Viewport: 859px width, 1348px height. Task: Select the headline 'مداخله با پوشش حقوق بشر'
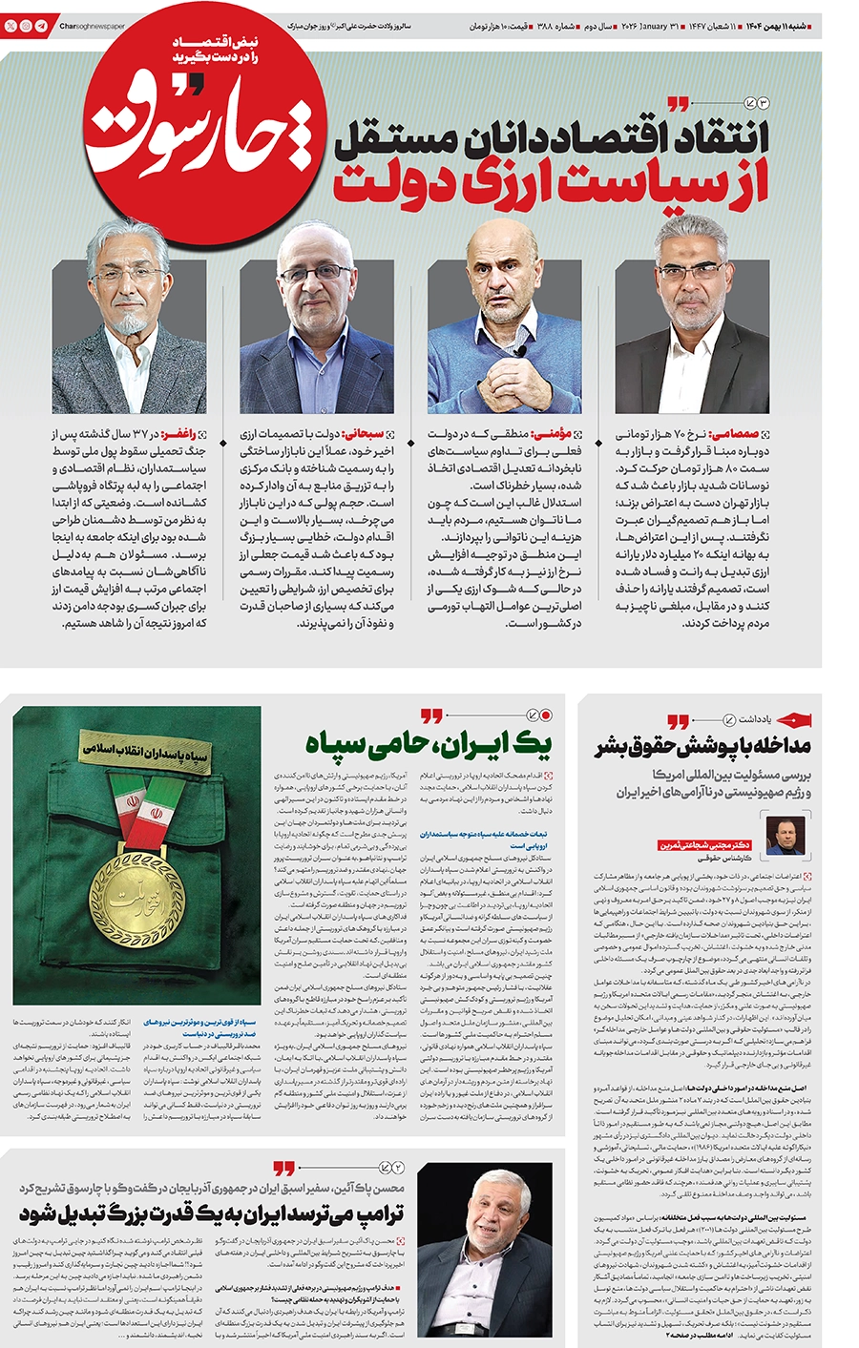703,746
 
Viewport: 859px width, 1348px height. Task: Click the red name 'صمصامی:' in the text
745,434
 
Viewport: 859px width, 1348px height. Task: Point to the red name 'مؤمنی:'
561,434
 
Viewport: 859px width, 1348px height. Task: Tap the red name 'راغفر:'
186,434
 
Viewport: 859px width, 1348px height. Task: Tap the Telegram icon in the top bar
41,27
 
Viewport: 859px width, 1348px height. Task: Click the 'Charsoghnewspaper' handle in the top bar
92,27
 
